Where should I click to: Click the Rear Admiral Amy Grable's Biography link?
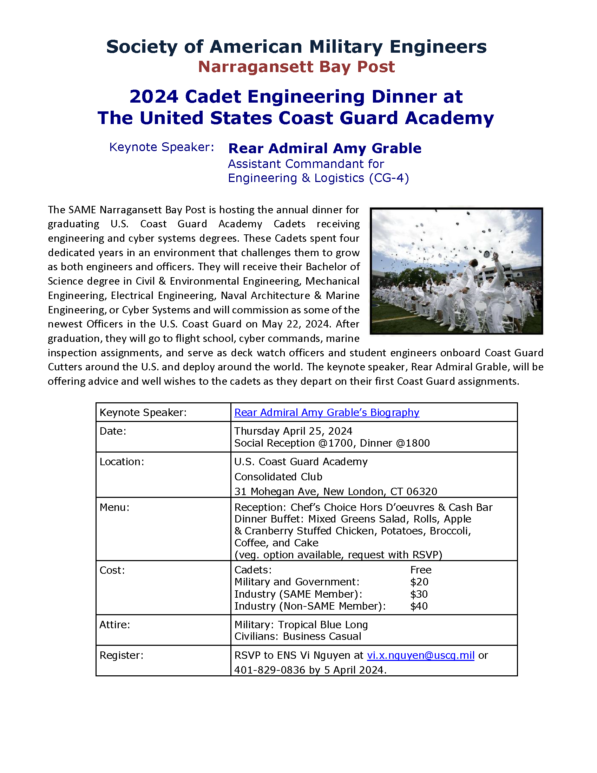(x=327, y=413)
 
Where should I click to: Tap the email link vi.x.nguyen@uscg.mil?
(x=420, y=655)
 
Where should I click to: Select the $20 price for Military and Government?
(x=419, y=582)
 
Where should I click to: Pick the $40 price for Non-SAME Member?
(x=419, y=606)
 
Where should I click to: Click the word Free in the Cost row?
(x=420, y=570)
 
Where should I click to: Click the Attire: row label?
(x=114, y=624)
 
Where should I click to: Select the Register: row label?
(x=121, y=655)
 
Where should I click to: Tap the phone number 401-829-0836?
(x=269, y=670)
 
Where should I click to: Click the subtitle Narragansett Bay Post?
(x=296, y=67)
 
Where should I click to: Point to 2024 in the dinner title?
(x=153, y=97)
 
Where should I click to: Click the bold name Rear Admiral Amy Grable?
(x=325, y=148)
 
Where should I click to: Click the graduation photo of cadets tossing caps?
(x=456, y=271)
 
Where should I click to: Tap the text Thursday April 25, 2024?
(x=293, y=431)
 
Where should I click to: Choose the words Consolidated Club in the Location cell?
(x=278, y=476)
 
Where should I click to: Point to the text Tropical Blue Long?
(x=322, y=625)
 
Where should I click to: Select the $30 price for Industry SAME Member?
(x=419, y=594)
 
